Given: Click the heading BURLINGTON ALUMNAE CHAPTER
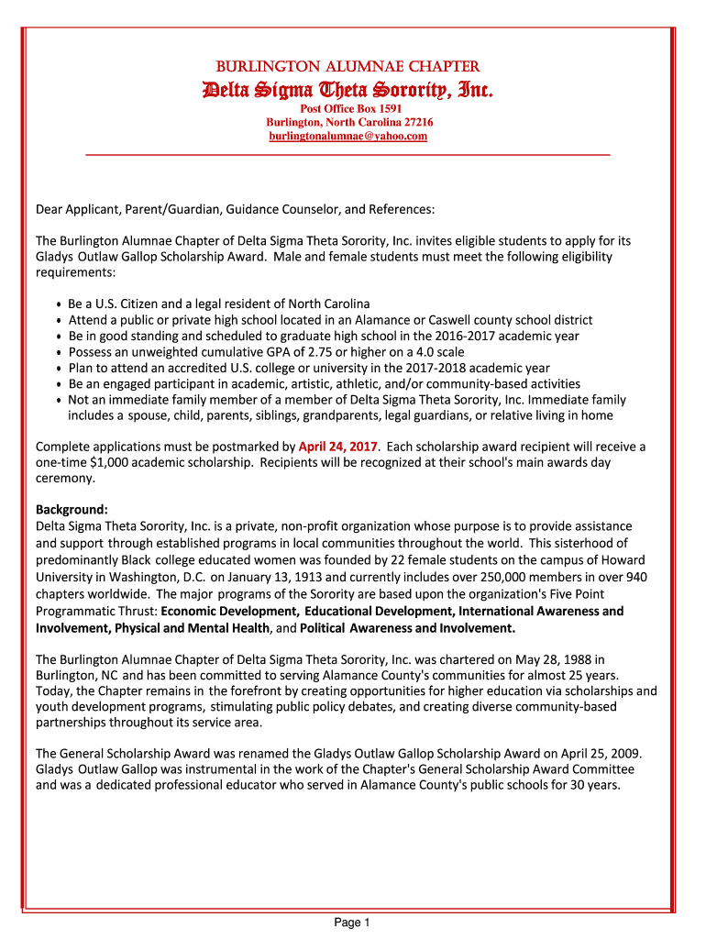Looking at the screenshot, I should pos(347,67).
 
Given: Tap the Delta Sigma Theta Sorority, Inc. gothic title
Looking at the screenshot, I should pos(347,90).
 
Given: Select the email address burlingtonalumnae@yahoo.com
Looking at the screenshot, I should pos(347,136).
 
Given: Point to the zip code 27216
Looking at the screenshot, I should pos(414,122).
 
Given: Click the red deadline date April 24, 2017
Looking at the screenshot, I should pos(338,447).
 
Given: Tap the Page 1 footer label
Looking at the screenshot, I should pos(352,922).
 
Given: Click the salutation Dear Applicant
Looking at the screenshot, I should pos(76,210).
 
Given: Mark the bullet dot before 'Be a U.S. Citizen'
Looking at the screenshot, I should pos(59,304).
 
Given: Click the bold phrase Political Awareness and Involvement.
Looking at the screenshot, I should pos(408,628).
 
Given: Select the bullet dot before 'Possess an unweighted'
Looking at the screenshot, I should pos(59,353).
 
